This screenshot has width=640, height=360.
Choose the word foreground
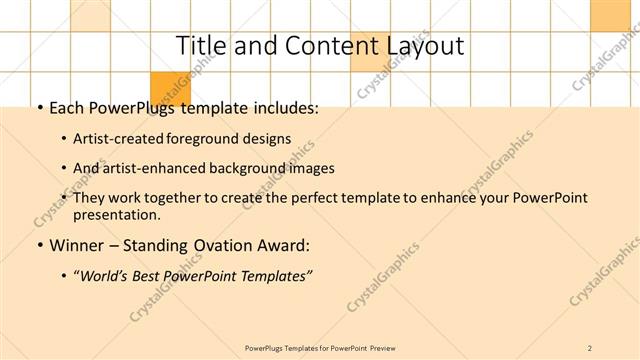point(215,138)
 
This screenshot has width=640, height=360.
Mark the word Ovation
point(218,245)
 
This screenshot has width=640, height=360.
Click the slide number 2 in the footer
point(591,348)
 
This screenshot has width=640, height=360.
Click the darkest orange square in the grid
point(170,87)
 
